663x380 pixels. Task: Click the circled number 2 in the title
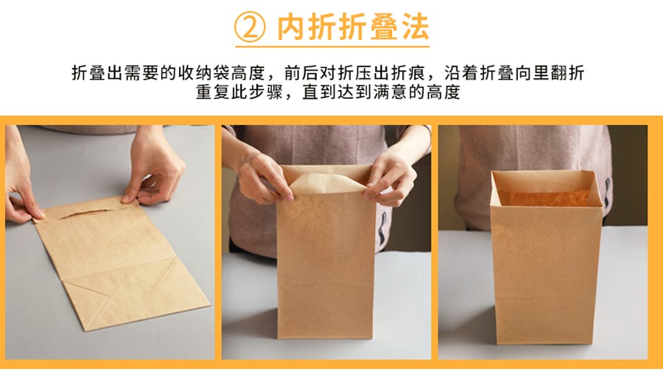pos(250,27)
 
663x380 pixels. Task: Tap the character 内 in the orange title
pos(294,27)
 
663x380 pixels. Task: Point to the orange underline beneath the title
pos(331,46)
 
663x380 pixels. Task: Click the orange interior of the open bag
pos(545,198)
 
